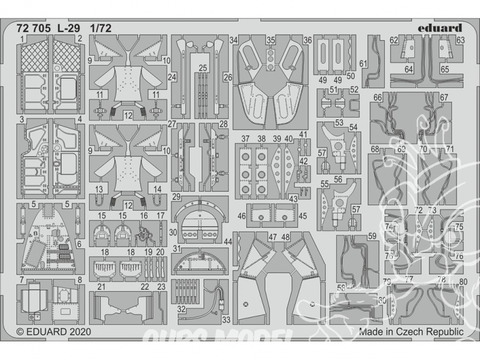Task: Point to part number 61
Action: [363, 64]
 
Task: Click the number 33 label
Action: [226, 320]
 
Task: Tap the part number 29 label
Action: [177, 197]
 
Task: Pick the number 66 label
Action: [377, 97]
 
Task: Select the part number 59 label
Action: [371, 235]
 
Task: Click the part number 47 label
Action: [273, 237]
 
